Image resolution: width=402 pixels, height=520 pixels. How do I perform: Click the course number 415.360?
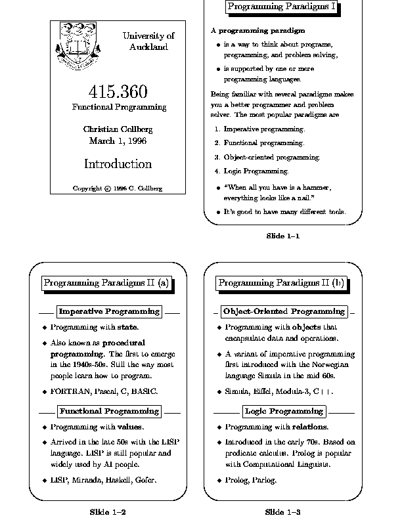point(118,92)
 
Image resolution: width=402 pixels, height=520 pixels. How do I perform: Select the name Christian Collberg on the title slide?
point(118,129)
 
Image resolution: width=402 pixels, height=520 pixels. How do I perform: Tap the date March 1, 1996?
point(118,141)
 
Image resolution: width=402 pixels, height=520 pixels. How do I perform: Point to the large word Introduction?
point(118,164)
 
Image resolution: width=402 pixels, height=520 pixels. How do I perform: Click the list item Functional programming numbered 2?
point(264,142)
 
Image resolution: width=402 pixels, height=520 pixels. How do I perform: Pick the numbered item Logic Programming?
point(256,171)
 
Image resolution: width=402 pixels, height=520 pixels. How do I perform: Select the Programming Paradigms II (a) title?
point(106,283)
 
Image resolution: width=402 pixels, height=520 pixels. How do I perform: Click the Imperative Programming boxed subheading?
point(109,311)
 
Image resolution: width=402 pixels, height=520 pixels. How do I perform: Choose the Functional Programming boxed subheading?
point(109,411)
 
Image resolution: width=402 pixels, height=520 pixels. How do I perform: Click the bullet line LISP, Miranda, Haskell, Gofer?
point(104,480)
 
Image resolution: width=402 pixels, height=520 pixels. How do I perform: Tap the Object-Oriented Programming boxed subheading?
point(283,311)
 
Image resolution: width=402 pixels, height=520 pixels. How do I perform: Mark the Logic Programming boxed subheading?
point(284,411)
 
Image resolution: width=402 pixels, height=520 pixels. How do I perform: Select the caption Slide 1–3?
point(282,511)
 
